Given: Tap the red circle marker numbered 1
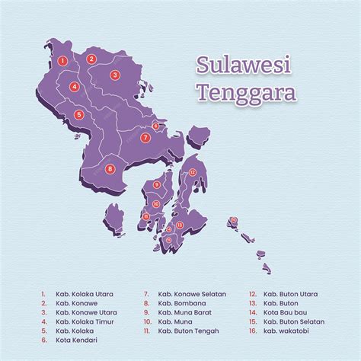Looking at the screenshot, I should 63,59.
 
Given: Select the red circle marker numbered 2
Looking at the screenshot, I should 91,59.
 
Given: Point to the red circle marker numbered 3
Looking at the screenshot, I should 115,75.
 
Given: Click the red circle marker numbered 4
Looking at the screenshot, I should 74,87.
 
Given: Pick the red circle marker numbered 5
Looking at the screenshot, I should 79,116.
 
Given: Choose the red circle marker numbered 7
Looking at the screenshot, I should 145,138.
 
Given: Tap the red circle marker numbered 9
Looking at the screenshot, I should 157,184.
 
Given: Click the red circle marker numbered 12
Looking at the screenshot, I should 193,173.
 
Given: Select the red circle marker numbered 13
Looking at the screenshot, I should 179,225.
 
